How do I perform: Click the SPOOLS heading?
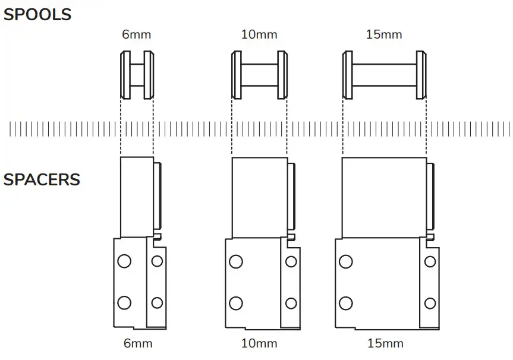click(x=37, y=14)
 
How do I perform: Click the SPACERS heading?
click(x=42, y=179)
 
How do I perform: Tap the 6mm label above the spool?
click(x=137, y=34)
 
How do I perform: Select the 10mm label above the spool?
click(x=259, y=34)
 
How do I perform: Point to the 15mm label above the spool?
click(x=384, y=34)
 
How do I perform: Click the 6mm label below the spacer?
click(x=138, y=343)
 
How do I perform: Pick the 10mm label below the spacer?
click(x=259, y=343)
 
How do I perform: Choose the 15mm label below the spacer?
click(x=385, y=343)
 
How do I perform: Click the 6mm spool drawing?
click(x=137, y=75)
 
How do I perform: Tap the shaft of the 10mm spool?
click(x=259, y=75)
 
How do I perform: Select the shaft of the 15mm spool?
click(x=385, y=75)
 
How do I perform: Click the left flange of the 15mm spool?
click(x=348, y=75)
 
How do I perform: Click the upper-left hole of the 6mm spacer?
click(x=124, y=261)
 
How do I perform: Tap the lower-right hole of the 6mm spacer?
click(x=157, y=303)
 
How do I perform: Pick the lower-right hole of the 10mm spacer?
click(x=291, y=303)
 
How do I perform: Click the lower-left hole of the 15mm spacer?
click(x=345, y=303)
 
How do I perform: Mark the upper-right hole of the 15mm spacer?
click(x=430, y=261)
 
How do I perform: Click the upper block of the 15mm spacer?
click(x=384, y=196)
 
